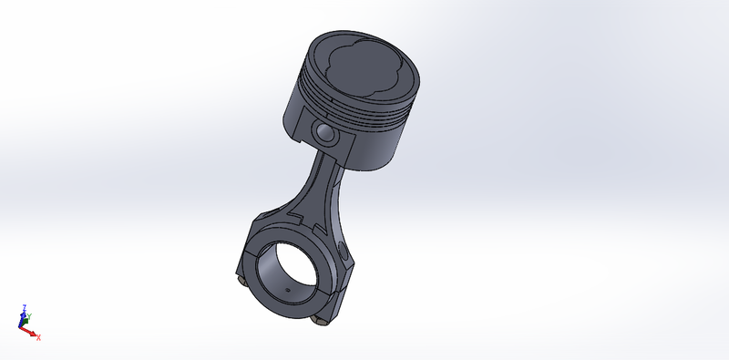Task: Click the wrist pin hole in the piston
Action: point(324,134)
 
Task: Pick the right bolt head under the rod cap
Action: point(320,320)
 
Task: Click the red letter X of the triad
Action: point(38,337)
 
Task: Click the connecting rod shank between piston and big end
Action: point(320,190)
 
